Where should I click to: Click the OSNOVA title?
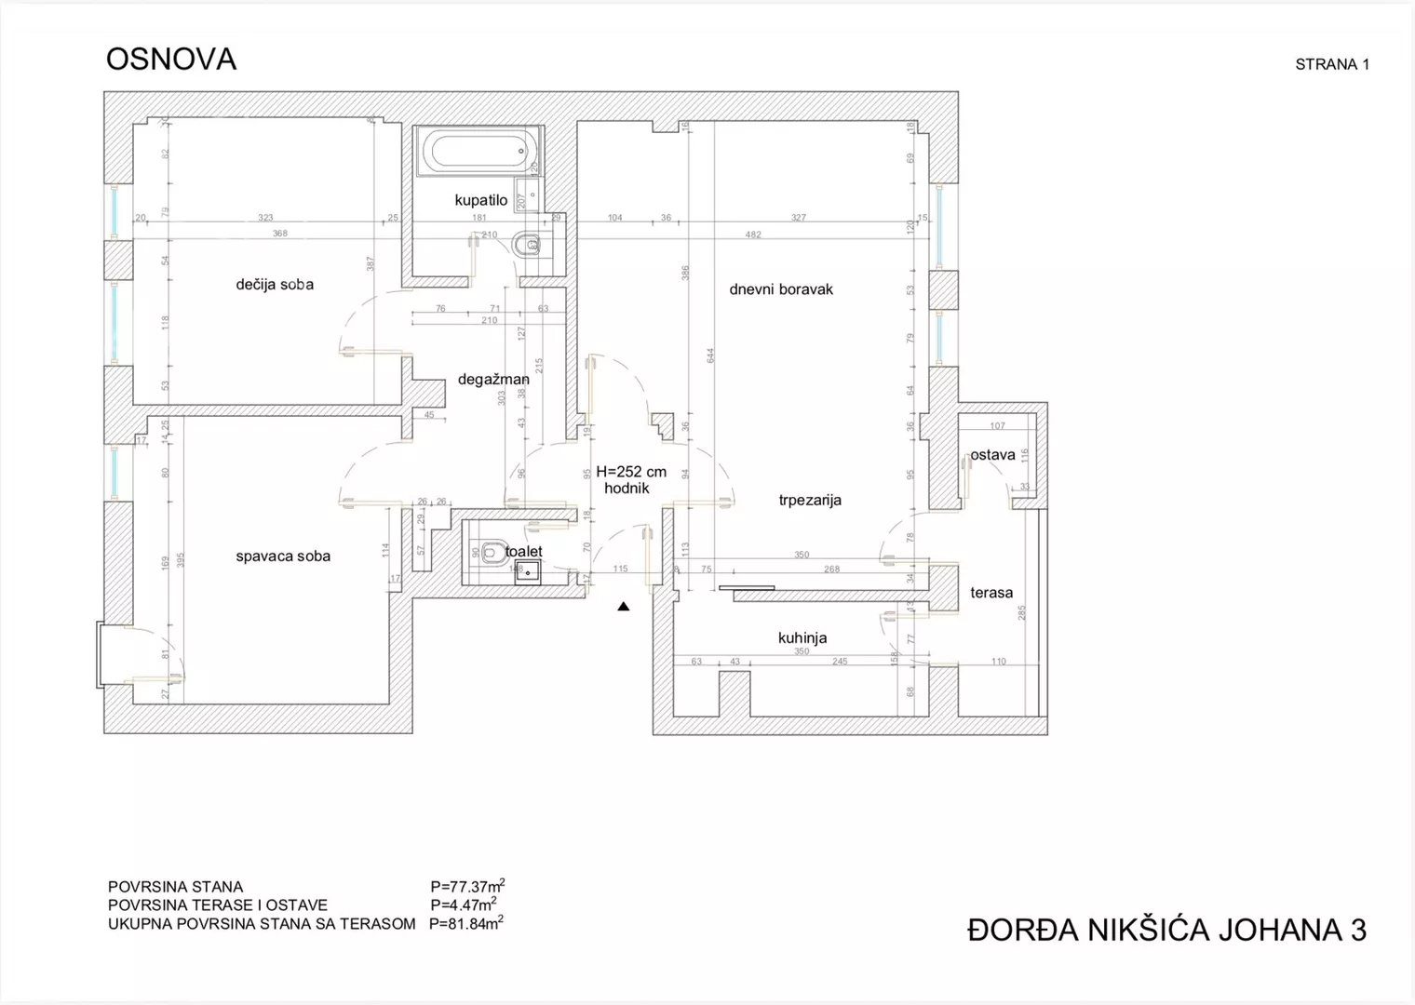point(171,60)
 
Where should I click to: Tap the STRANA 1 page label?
point(1331,64)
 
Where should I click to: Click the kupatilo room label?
point(480,200)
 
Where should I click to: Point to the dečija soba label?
point(275,285)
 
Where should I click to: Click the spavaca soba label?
point(283,556)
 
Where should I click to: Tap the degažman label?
point(493,380)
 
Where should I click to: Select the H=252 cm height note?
point(631,472)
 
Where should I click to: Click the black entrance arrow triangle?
point(624,607)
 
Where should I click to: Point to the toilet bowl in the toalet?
point(492,553)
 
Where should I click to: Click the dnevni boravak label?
point(781,289)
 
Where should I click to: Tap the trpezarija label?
point(810,501)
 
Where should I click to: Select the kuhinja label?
point(802,638)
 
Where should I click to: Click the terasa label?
point(991,593)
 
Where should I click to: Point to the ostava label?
point(992,456)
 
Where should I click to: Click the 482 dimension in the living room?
point(753,234)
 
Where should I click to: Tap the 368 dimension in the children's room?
point(280,234)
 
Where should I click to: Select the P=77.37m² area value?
point(467,886)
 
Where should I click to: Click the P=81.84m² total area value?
point(465,924)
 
